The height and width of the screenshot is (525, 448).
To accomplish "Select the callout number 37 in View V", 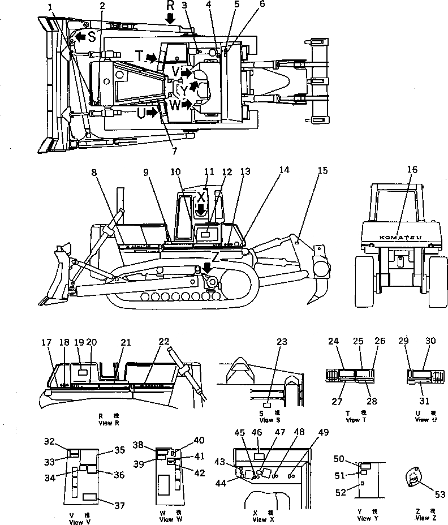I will point(119,506).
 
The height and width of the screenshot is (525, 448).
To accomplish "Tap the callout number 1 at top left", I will point(51,7).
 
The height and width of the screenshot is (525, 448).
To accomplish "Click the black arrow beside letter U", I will point(151,113).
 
